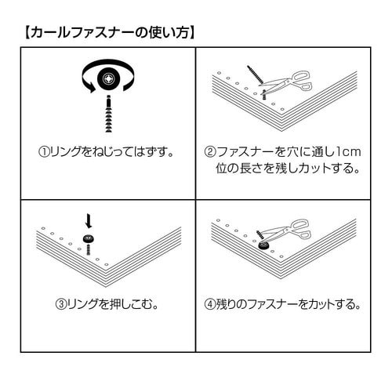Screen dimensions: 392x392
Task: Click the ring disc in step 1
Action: pos(107,80)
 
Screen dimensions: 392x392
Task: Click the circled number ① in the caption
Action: pos(44,150)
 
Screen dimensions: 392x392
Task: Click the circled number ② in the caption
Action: pos(210,150)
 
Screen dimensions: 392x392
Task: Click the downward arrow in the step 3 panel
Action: pos(89,222)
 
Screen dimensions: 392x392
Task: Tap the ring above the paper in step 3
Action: pos(89,238)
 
